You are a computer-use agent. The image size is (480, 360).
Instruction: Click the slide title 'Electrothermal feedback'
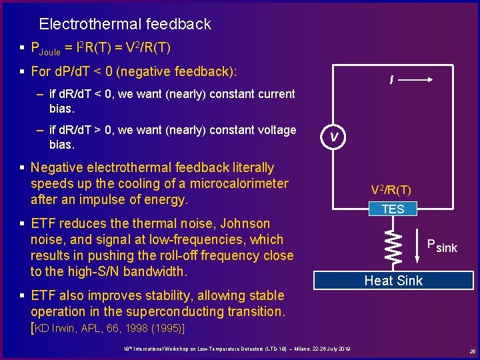coord(125,25)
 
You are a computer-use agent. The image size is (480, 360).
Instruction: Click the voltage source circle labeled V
coord(335,137)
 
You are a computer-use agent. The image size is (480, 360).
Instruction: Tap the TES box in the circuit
coord(393,209)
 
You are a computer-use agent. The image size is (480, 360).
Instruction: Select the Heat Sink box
coord(393,281)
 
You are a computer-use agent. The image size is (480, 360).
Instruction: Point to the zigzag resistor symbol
coord(393,244)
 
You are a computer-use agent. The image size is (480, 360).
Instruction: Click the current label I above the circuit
coord(391,81)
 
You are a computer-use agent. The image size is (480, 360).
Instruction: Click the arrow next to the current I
coord(419,79)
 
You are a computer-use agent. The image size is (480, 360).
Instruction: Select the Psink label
coord(442,246)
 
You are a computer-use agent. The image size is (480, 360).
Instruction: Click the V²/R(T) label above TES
coord(392,191)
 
